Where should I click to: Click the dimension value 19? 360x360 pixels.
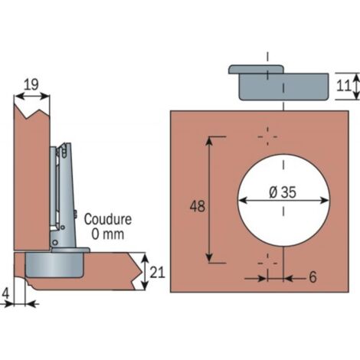point(31,84)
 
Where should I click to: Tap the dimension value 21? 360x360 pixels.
point(157,272)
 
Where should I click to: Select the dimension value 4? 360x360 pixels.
point(5,293)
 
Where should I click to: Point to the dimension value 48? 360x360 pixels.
point(198,206)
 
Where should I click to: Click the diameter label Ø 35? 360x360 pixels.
point(283,191)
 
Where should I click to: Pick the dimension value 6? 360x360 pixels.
point(313,277)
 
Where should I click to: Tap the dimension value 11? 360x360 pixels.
point(344,86)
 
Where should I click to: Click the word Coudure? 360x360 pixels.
point(108,219)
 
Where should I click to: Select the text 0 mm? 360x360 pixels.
point(108,234)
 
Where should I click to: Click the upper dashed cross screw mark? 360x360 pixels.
point(267,136)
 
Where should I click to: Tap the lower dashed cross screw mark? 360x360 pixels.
point(267,263)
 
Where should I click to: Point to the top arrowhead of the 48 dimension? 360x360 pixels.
point(209,141)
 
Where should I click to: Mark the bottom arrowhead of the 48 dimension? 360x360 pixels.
point(209,258)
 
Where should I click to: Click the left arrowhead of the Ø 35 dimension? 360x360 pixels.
point(243,201)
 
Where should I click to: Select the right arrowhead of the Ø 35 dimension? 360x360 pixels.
point(324,201)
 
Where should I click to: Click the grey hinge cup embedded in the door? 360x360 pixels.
point(54,265)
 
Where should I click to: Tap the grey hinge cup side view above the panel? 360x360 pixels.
point(279,83)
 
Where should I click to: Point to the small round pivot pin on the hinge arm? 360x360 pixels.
point(55,242)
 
